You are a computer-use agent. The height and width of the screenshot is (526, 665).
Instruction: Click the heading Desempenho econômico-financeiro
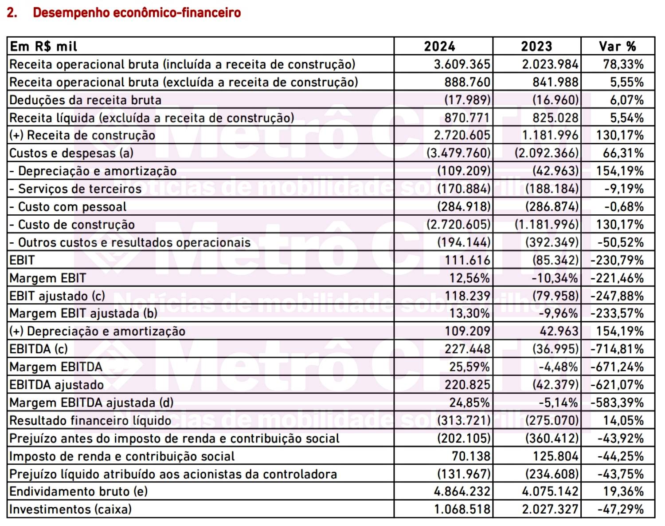[137, 13]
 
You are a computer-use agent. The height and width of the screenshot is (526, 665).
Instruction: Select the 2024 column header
[439, 47]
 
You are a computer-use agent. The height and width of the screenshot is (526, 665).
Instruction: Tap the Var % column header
[617, 47]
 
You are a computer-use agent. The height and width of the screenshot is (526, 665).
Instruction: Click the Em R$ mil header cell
[43, 47]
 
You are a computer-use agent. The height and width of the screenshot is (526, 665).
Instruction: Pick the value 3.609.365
[462, 64]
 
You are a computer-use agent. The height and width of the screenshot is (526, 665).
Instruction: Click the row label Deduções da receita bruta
[86, 100]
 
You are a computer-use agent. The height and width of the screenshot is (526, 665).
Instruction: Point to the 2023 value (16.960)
[555, 100]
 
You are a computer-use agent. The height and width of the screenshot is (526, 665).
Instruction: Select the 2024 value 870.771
[467, 118]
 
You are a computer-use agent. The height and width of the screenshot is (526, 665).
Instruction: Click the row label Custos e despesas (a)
[71, 153]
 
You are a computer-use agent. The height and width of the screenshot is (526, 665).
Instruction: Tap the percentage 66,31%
[623, 153]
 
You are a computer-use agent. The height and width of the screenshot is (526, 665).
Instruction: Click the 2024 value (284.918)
[464, 207]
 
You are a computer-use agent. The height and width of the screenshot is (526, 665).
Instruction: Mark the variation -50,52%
[620, 242]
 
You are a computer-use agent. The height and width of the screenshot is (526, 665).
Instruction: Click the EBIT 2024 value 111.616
[467, 260]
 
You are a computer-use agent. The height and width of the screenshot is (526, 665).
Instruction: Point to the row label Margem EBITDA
[56, 367]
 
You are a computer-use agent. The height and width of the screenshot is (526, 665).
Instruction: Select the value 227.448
[467, 349]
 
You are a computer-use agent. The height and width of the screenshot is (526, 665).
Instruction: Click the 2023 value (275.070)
[552, 420]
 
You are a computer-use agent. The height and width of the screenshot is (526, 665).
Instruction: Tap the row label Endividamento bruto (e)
[78, 492]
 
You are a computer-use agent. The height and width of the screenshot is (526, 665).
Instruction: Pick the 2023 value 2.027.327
[550, 509]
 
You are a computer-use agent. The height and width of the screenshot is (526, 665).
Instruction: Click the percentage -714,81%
[617, 349]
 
